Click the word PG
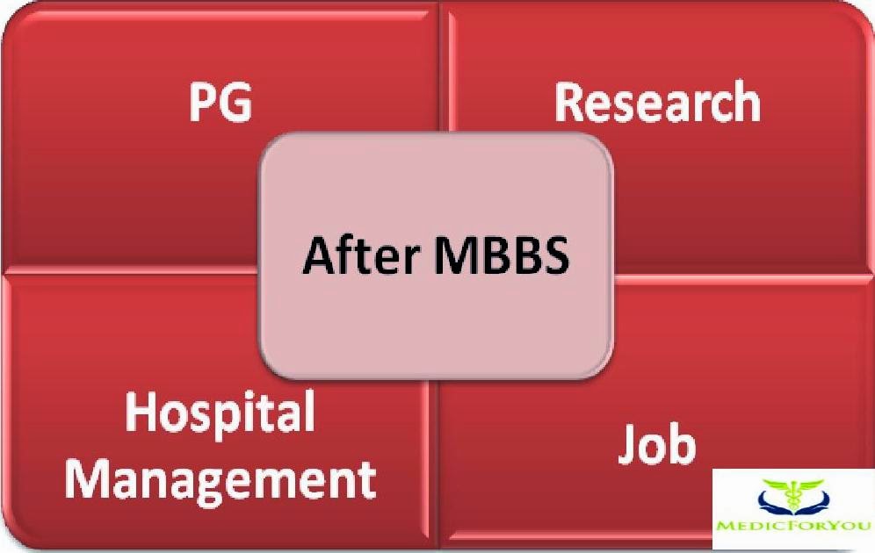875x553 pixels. click(221, 103)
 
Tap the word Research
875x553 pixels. click(657, 102)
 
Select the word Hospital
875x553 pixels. click(220, 412)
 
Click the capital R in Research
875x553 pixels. click(569, 102)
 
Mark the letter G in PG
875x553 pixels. click(235, 103)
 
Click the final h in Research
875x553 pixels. click(747, 102)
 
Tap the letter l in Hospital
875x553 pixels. click(307, 410)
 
